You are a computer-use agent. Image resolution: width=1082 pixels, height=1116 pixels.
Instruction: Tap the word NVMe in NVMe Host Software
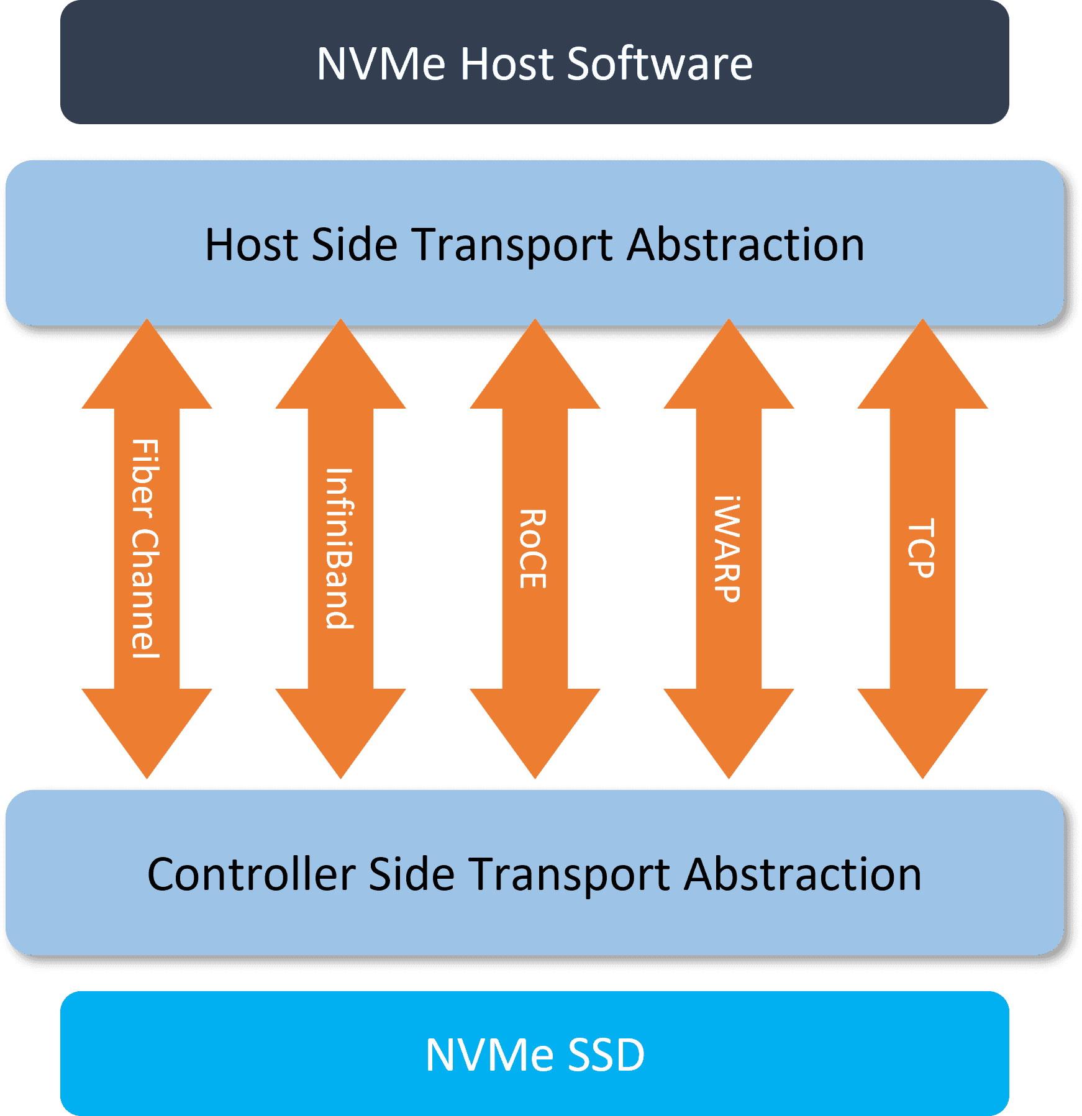381,63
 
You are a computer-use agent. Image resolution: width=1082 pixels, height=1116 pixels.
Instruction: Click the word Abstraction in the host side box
745,245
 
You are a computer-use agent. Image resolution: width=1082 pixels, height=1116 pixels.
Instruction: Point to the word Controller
252,874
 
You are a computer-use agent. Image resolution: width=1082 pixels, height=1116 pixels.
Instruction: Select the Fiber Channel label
146,549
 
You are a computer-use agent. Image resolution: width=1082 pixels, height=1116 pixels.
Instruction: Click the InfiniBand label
340,549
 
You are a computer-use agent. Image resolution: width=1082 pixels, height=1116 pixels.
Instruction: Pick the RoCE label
534,549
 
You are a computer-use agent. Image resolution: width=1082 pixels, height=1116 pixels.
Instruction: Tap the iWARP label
727,549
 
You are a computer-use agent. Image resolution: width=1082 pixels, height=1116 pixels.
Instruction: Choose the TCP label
922,549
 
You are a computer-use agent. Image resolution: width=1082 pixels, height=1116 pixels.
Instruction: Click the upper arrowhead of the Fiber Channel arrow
147,373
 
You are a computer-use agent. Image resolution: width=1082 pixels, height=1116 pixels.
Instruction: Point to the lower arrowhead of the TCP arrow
922,727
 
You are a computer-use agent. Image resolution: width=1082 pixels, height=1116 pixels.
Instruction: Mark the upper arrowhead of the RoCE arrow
535,373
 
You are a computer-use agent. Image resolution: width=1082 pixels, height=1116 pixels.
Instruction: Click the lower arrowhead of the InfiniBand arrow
340,727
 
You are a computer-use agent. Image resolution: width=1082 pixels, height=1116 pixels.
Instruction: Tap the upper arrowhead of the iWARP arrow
729,373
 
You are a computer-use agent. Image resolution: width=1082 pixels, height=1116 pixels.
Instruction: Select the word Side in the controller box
411,874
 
